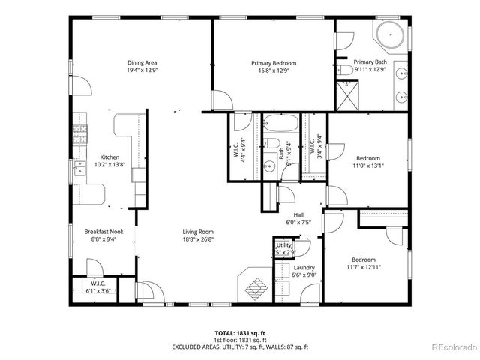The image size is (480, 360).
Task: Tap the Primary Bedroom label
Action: [273, 63]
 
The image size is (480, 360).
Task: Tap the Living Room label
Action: [198, 232]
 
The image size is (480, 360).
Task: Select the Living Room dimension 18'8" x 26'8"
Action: [198, 240]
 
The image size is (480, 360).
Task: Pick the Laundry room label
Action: [304, 268]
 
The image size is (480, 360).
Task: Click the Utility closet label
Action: [283, 245]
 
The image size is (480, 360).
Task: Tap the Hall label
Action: [298, 214]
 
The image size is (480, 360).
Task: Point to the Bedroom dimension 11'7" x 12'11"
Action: [363, 267]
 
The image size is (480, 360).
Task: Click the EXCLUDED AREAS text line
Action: [239, 346]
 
